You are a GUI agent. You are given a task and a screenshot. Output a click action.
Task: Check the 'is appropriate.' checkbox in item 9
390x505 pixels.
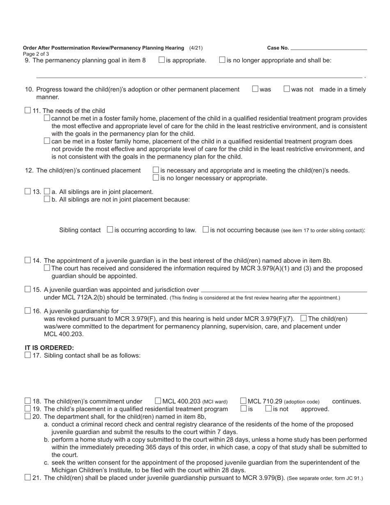point(162,60)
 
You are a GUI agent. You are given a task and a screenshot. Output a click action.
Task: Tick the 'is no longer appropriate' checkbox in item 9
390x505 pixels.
point(222,60)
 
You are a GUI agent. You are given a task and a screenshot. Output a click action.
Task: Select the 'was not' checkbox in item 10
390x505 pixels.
point(287,89)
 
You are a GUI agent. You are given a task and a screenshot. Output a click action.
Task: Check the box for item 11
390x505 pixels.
point(28,110)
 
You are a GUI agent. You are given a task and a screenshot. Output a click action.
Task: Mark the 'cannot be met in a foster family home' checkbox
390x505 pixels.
point(47,118)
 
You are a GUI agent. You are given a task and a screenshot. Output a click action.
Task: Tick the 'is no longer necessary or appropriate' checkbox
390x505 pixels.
point(156,178)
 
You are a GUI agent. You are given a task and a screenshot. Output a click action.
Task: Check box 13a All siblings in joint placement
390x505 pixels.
point(47,191)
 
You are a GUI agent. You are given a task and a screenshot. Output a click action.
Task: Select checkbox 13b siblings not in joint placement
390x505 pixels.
point(47,199)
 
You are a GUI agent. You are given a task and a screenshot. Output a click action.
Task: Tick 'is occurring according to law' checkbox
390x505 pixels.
point(110,230)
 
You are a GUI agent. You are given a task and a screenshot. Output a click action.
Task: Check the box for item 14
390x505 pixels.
point(28,260)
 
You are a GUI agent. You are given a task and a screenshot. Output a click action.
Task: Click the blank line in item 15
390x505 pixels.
point(283,291)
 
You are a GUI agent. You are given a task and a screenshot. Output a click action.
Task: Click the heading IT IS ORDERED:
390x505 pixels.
point(49,348)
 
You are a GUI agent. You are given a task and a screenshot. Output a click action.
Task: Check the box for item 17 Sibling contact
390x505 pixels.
point(28,355)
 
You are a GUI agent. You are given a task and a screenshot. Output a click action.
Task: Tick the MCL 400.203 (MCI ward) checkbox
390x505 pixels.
point(158,401)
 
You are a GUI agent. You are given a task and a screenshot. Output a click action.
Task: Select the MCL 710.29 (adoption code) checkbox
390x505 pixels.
point(243,401)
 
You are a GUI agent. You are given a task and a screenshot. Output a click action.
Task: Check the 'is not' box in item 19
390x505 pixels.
point(268,409)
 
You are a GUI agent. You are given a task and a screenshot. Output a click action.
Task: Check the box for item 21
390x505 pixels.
point(28,477)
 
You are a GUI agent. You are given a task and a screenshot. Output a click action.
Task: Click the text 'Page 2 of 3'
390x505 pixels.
point(36,54)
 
